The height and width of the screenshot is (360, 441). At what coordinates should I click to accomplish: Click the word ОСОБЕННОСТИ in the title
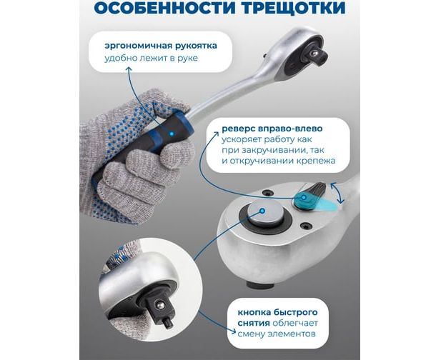(x=164, y=8)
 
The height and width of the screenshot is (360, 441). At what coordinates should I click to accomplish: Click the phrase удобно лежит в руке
(x=151, y=58)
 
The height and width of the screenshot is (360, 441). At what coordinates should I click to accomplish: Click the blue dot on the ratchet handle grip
(x=172, y=134)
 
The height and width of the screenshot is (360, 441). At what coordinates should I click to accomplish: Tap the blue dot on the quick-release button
(x=262, y=211)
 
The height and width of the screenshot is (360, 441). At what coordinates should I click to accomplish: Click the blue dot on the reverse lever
(x=304, y=197)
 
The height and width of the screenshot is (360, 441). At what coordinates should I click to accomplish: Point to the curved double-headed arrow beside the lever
(x=337, y=193)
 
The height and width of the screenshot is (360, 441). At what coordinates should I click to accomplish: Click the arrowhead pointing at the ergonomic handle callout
(x=129, y=69)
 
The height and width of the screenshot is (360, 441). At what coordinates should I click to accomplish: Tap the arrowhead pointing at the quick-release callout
(x=233, y=331)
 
